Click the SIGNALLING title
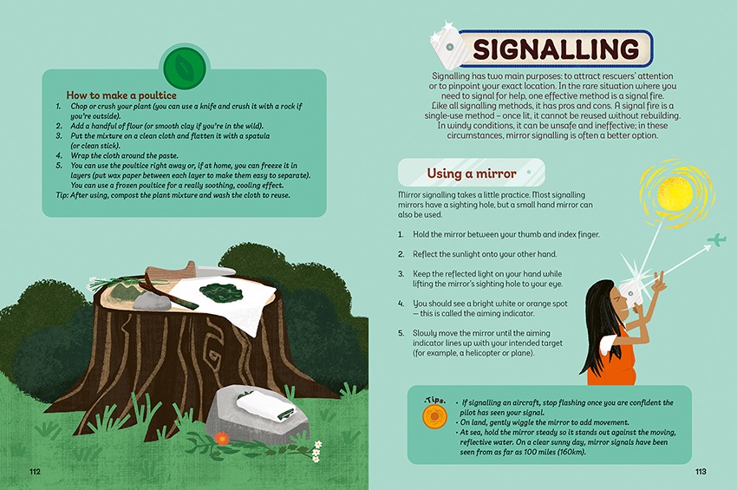pyautogui.click(x=556, y=49)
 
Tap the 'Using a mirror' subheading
pyautogui.click(x=472, y=173)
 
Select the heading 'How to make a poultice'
pyautogui.click(x=121, y=95)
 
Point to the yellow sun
pyautogui.click(x=675, y=194)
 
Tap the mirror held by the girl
pyautogui.click(x=628, y=294)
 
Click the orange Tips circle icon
pyautogui.click(x=434, y=416)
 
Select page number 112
pyautogui.click(x=36, y=472)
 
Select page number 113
pyautogui.click(x=701, y=472)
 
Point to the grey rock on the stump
pyautogui.click(x=152, y=301)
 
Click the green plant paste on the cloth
pyautogui.click(x=218, y=291)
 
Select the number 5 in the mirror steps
pyautogui.click(x=401, y=333)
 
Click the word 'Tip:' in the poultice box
pyautogui.click(x=62, y=195)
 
